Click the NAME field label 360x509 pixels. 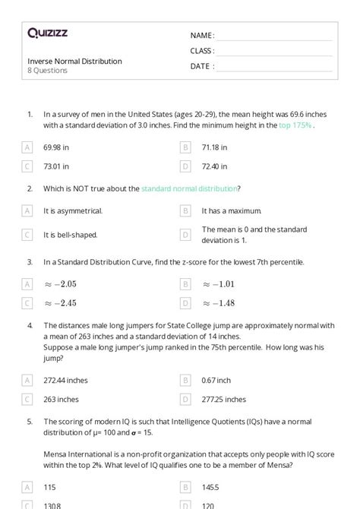[202, 36]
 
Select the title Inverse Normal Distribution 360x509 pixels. [74, 61]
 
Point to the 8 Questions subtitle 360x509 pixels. [48, 71]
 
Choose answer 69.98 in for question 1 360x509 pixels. [57, 147]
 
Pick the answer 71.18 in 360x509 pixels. [214, 147]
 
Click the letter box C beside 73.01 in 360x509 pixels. [27, 166]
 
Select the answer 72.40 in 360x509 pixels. [215, 166]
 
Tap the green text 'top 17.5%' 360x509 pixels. [295, 125]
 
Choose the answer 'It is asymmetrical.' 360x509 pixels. [73, 210]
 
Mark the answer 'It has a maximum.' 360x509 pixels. [231, 210]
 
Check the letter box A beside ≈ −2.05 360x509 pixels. [27, 284]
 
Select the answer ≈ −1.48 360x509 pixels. [218, 303]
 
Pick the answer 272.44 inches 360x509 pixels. [66, 380]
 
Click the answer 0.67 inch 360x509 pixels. [216, 380]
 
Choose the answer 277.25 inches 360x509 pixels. [223, 399]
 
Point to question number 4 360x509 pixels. [30, 325]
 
